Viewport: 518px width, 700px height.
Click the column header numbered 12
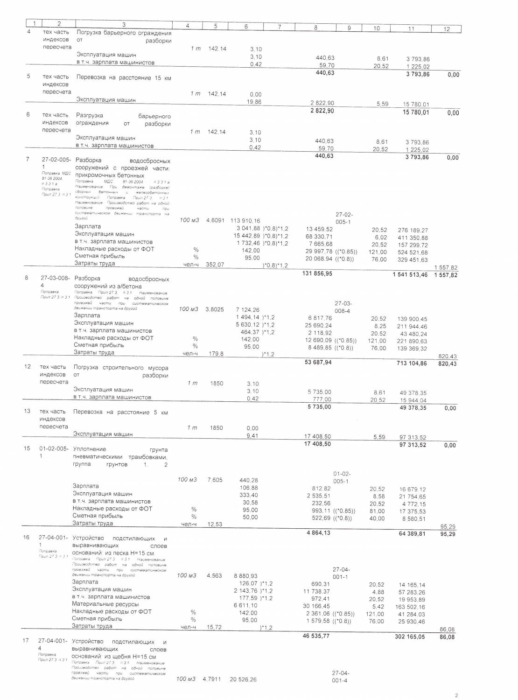pos(446,29)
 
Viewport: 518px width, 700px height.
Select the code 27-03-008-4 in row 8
pos(55,282)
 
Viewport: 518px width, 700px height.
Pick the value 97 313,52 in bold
pos(413,445)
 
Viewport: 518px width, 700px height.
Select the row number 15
pos(28,448)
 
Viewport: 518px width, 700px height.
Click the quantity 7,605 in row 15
pos(215,480)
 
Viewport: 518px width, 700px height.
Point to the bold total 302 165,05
pos(409,637)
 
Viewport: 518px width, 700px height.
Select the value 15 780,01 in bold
pos(413,112)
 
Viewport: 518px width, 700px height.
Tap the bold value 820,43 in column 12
pos(448,364)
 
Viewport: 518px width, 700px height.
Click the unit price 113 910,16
pos(245,221)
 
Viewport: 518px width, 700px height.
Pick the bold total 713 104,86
pos(410,364)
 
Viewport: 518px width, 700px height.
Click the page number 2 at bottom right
pos(457,695)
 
